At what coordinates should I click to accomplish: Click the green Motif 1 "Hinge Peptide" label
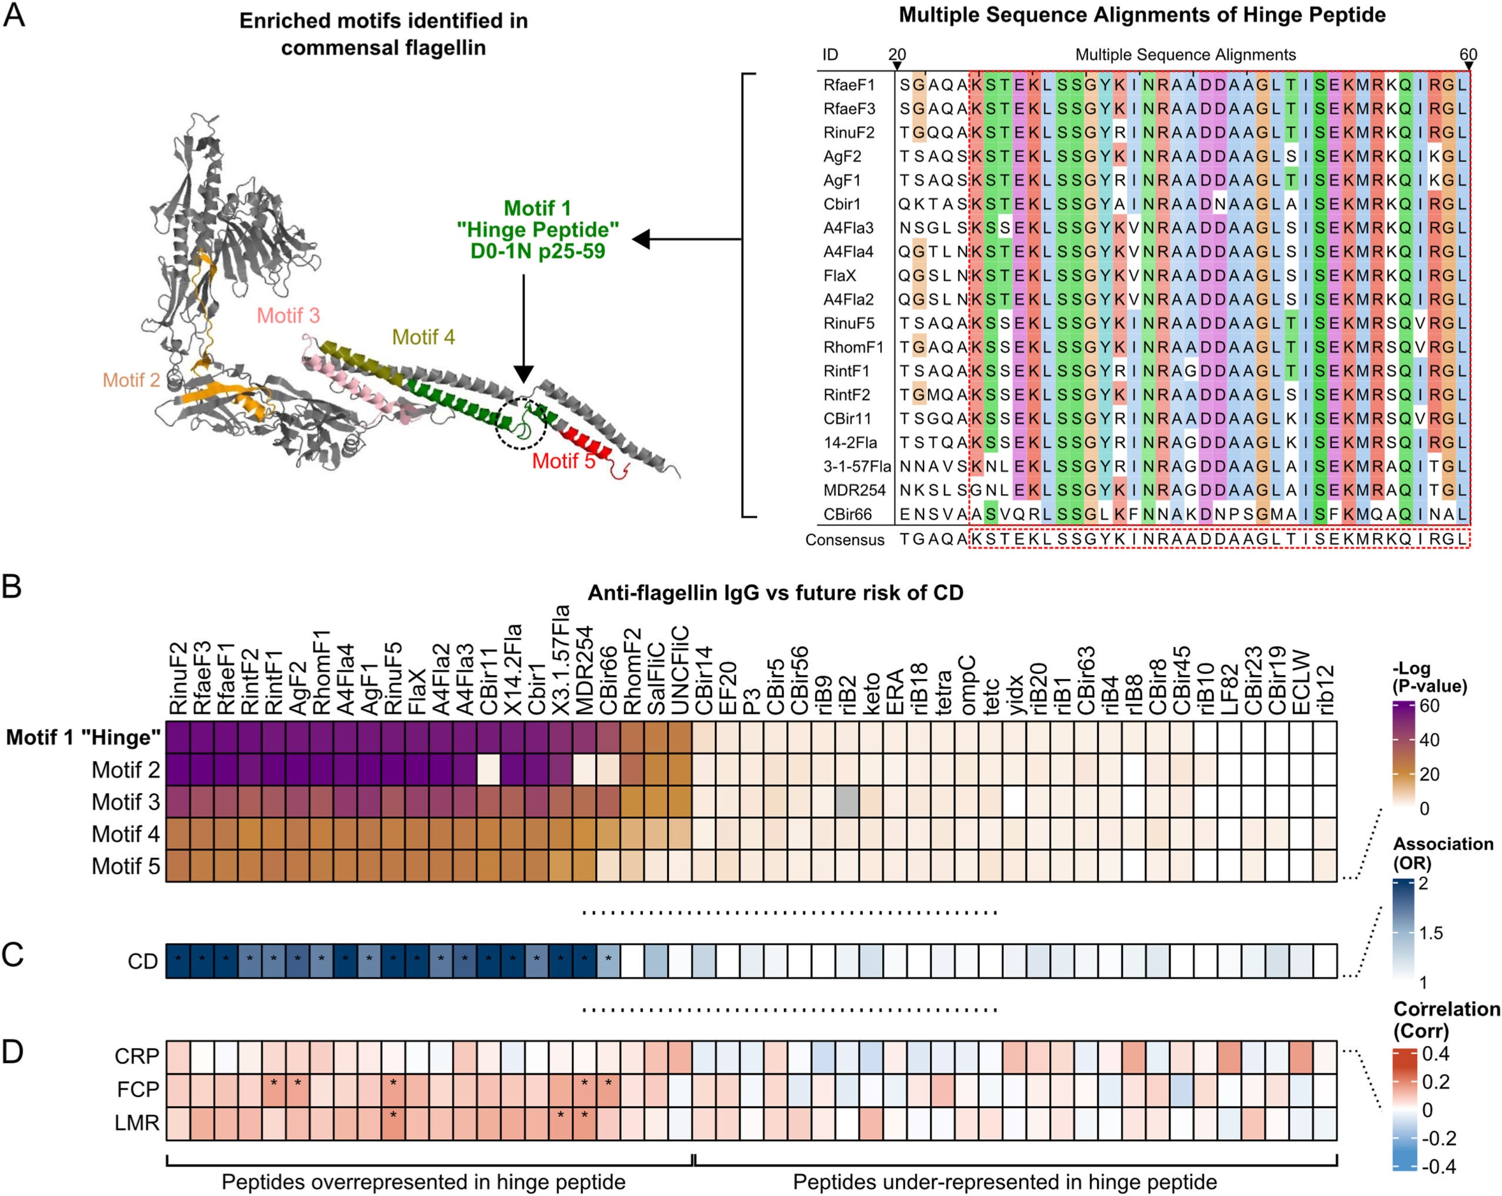(537, 229)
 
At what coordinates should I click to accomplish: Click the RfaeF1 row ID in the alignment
(848, 85)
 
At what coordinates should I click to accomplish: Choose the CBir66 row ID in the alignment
(847, 514)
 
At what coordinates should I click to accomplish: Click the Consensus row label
(844, 540)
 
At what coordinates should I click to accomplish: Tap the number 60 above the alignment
(1468, 55)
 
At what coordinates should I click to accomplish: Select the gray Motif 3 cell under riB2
(847, 801)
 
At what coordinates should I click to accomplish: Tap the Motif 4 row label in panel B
(126, 834)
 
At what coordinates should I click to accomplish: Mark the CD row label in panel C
(143, 961)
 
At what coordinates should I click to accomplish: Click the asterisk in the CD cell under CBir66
(608, 959)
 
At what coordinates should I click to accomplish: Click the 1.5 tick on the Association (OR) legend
(1431, 933)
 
